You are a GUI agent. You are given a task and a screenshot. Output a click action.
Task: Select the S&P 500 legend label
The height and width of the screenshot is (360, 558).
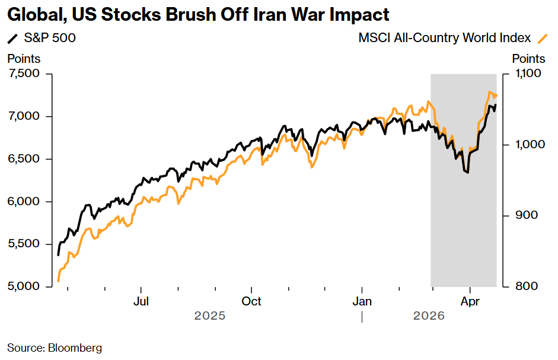pos(50,39)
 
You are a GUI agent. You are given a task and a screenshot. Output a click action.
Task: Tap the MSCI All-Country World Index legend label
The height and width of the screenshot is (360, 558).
pos(444,39)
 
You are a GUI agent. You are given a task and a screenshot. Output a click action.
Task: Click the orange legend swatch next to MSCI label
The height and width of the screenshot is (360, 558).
pos(541,39)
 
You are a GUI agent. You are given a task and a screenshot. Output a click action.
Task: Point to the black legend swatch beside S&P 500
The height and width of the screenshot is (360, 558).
pos(12,39)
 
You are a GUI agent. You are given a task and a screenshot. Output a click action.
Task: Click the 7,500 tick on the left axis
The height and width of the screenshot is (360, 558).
pos(24,74)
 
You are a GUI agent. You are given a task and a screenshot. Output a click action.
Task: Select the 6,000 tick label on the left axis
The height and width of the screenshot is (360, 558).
pos(24,202)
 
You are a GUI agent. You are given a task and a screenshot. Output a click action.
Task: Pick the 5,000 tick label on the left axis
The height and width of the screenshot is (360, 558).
pos(24,286)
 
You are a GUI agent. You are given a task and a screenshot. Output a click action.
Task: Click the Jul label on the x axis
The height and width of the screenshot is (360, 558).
pos(141,301)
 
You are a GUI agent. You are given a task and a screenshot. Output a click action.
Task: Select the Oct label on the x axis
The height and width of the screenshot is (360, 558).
pos(252,301)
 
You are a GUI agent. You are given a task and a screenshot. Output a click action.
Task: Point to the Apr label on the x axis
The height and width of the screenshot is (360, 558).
pos(470,301)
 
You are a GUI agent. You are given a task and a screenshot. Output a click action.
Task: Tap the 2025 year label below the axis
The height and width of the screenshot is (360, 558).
pos(210,316)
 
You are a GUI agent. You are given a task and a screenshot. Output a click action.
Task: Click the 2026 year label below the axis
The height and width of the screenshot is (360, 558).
pos(429,316)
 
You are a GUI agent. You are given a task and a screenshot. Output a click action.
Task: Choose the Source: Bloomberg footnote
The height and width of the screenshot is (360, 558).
pos(55,348)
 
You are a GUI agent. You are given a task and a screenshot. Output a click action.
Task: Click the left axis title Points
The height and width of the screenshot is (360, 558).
pos(24,59)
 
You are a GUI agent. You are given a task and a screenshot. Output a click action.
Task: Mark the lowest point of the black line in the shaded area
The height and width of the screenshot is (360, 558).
pos(467,173)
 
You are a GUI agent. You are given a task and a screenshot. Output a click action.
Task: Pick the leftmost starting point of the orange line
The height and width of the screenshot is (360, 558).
pos(58,281)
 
